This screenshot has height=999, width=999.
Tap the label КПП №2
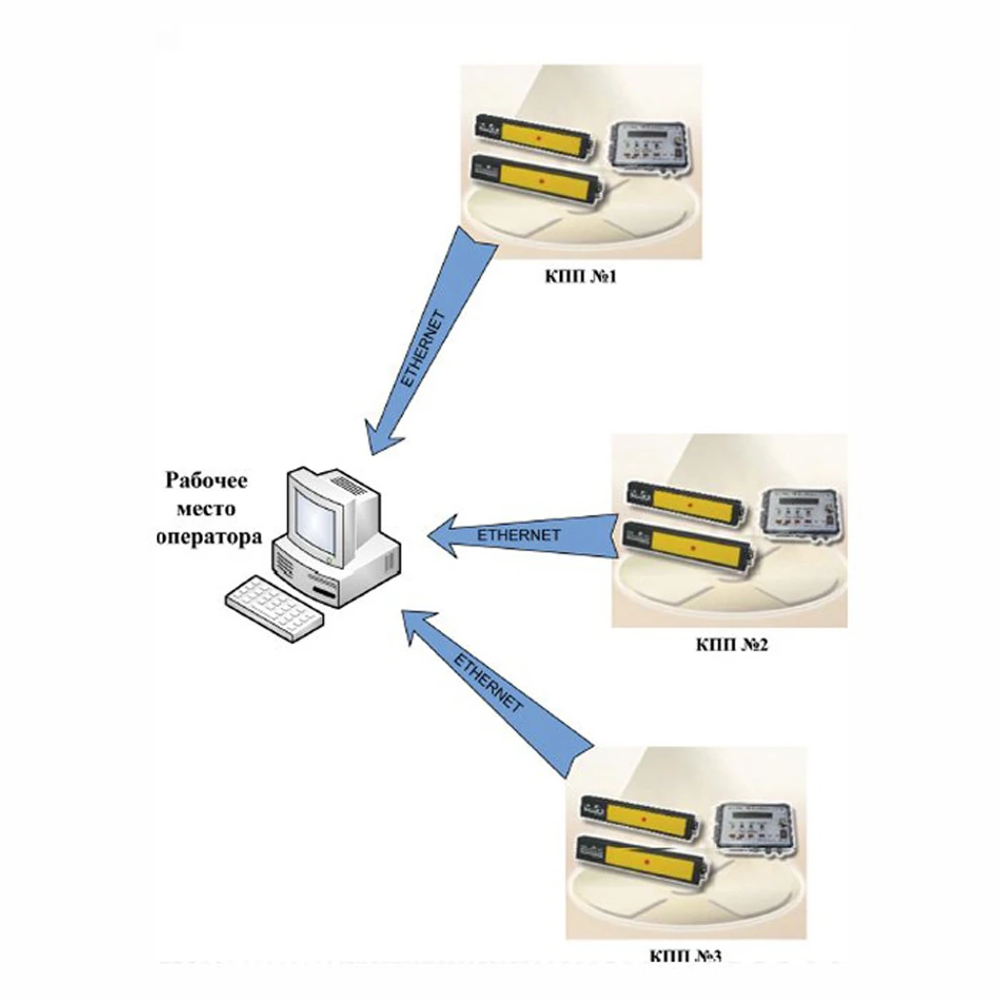(x=733, y=645)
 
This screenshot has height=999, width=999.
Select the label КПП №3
(x=685, y=955)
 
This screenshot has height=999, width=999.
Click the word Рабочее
(x=207, y=480)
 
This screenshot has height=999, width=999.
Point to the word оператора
(x=209, y=537)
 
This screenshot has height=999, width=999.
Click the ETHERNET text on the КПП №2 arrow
(x=518, y=535)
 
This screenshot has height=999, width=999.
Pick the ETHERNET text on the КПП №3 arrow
(x=489, y=683)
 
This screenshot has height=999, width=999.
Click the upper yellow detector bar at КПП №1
(x=535, y=138)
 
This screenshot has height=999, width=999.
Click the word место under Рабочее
(x=207, y=508)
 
